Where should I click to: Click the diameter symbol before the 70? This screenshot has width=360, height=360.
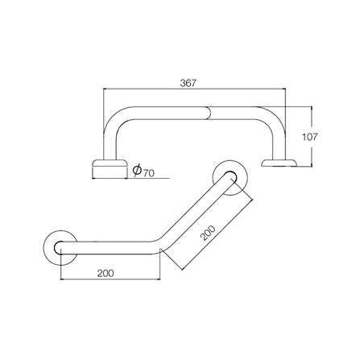pyautogui.click(x=137, y=171)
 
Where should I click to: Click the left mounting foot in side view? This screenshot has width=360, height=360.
pyautogui.click(x=109, y=165)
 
